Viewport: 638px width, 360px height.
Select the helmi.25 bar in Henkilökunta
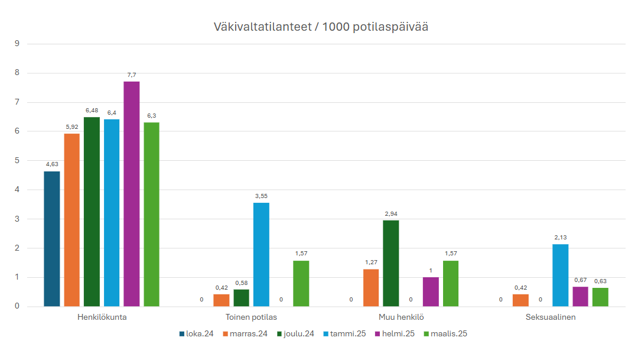(x=131, y=194)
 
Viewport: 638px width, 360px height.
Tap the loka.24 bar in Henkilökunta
(x=52, y=239)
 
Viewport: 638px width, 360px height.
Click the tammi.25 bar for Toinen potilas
(x=261, y=255)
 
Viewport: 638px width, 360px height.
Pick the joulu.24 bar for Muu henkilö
(x=390, y=263)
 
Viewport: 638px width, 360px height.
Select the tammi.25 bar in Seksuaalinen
(x=561, y=275)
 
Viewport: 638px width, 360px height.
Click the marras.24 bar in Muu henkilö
(x=371, y=288)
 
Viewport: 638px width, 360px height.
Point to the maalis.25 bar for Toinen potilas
(x=301, y=284)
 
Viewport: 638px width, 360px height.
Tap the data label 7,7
(x=131, y=75)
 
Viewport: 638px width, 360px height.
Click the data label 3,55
(x=261, y=196)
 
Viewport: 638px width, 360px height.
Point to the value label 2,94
(x=390, y=214)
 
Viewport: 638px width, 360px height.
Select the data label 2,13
(x=561, y=238)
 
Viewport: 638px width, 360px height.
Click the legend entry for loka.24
(x=197, y=334)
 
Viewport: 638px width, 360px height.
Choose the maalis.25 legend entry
(x=445, y=334)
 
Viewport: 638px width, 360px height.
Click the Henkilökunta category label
(x=102, y=317)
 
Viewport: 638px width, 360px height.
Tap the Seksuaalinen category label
(x=551, y=317)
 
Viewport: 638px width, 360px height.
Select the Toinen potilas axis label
(x=251, y=317)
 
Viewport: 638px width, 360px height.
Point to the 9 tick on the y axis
(x=18, y=44)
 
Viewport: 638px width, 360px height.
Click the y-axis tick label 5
(x=18, y=161)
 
